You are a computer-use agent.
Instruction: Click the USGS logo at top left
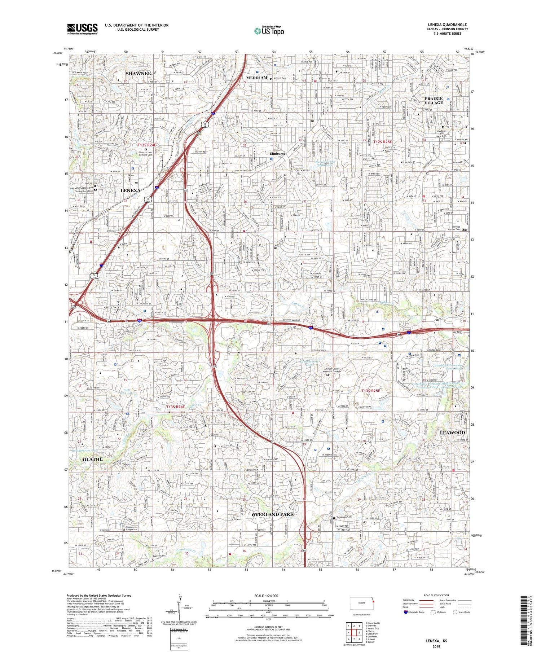pyautogui.click(x=82, y=29)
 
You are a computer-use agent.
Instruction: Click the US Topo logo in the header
pyautogui.click(x=269, y=31)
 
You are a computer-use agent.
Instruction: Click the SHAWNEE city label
pyautogui.click(x=138, y=74)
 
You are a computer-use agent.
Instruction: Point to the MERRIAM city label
pyautogui.click(x=256, y=78)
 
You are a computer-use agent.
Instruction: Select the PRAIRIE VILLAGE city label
pyautogui.click(x=434, y=101)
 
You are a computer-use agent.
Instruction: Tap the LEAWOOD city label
pyautogui.click(x=452, y=433)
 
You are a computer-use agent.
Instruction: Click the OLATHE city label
pyautogui.click(x=93, y=459)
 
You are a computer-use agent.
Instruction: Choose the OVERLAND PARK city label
pyautogui.click(x=273, y=514)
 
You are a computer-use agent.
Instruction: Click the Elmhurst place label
pyautogui.click(x=277, y=154)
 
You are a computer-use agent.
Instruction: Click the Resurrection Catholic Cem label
pyautogui.click(x=145, y=154)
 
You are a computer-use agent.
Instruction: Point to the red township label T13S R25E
pyautogui.click(x=371, y=391)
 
